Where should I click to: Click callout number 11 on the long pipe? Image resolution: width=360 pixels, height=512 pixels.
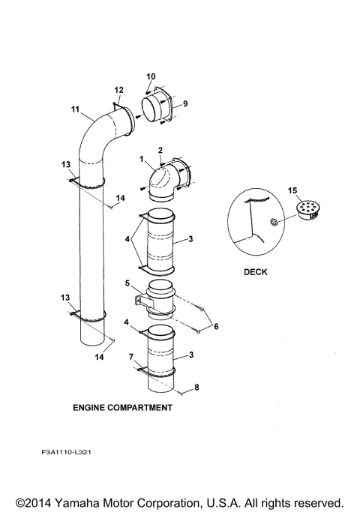(x=75, y=109)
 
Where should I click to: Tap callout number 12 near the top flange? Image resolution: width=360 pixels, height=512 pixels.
(x=118, y=91)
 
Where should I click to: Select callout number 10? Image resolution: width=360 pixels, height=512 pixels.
(x=150, y=76)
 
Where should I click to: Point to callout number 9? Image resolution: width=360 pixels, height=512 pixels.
(x=184, y=103)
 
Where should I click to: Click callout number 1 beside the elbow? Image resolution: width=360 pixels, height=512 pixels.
(x=140, y=159)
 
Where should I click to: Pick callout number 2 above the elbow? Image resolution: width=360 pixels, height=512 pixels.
(x=160, y=151)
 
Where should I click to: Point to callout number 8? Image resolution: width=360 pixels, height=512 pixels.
(x=198, y=387)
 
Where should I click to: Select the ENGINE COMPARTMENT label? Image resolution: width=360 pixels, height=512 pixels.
(x=122, y=408)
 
